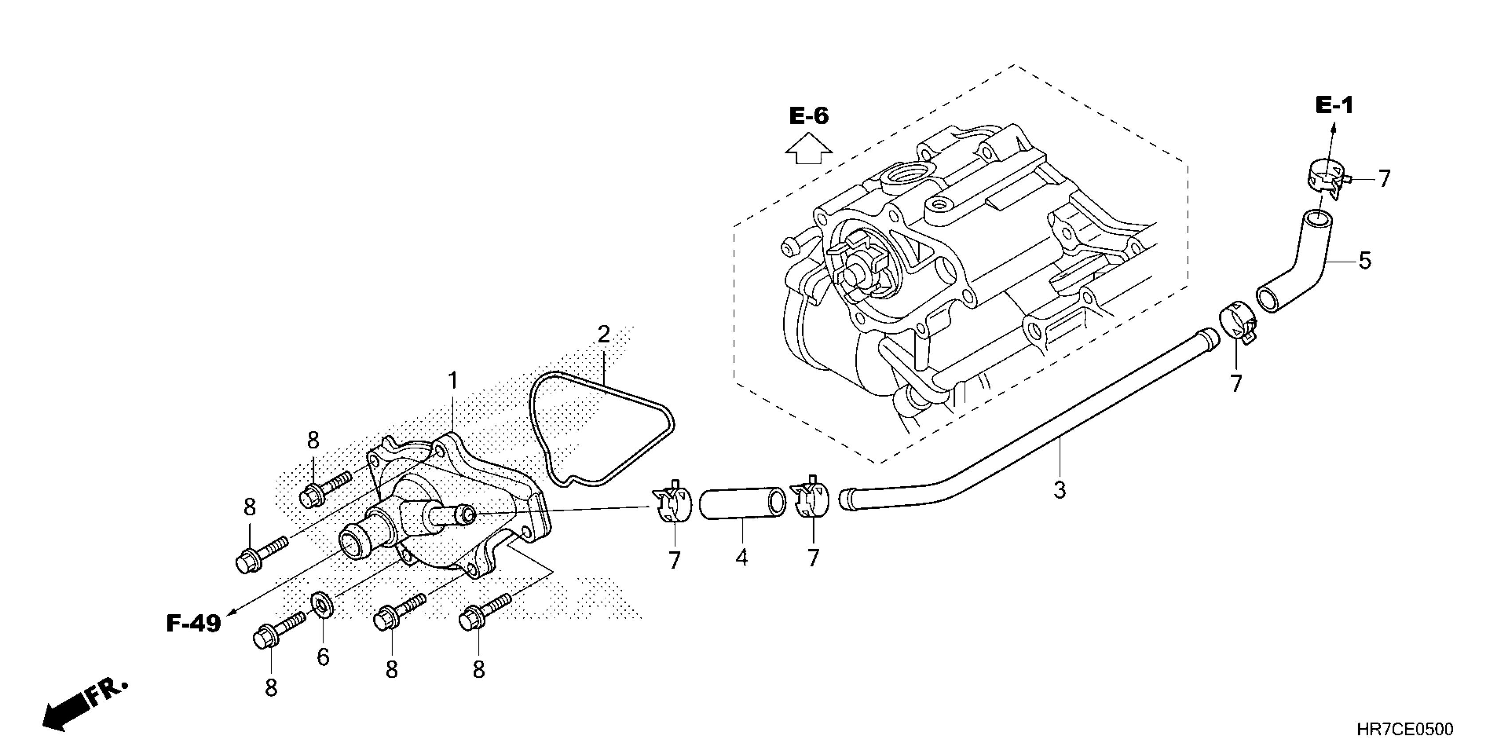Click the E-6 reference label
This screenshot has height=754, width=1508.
(809, 116)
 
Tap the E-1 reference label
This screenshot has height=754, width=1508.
(1334, 106)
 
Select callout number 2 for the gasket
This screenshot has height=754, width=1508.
(604, 334)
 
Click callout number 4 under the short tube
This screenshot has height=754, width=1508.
(741, 558)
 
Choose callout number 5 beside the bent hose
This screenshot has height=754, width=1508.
(1365, 260)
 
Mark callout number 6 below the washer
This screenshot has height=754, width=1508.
(323, 657)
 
